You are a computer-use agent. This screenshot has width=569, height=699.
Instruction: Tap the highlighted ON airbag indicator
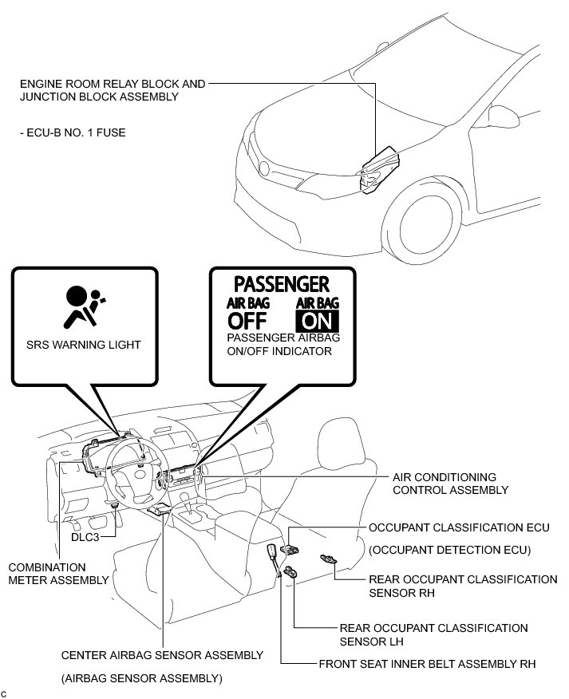pyautogui.click(x=317, y=321)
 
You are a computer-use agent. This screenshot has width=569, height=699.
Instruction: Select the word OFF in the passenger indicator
pyautogui.click(x=247, y=321)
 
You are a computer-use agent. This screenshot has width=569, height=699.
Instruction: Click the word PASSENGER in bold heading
pyautogui.click(x=282, y=284)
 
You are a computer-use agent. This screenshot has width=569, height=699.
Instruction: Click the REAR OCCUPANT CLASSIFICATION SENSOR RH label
pyautogui.click(x=463, y=586)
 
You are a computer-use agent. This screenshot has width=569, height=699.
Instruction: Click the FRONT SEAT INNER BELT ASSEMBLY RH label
pyautogui.click(x=427, y=663)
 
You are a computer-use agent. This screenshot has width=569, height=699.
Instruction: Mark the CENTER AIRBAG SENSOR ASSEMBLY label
pyautogui.click(x=162, y=655)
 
